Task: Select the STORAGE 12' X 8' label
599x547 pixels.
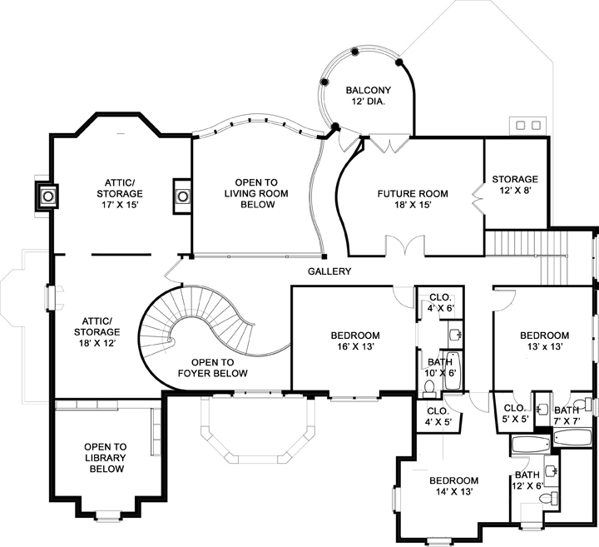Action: click(514, 185)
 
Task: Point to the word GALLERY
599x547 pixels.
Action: click(329, 271)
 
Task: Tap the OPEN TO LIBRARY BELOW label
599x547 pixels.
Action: click(105, 458)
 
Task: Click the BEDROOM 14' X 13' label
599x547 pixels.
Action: click(453, 486)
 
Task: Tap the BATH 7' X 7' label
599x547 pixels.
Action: click(567, 415)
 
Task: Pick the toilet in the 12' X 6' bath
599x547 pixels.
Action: click(548, 499)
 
